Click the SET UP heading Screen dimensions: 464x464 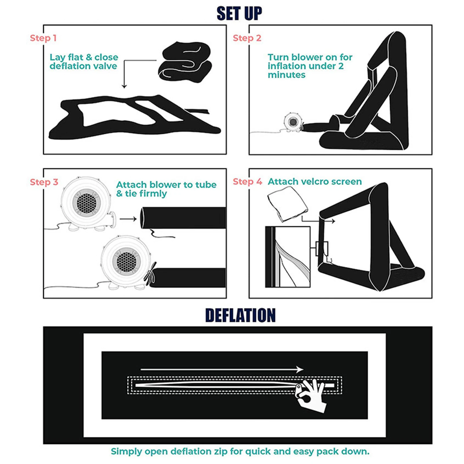(239, 13)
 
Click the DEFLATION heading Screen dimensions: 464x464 (240, 315)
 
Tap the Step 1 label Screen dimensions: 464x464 (43, 38)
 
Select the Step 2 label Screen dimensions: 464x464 (247, 38)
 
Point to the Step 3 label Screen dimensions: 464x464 (44, 182)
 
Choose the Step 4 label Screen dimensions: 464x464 (247, 182)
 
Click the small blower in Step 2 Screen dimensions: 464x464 (293, 122)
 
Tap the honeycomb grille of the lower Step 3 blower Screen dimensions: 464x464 (126, 260)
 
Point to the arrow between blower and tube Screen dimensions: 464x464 (128, 219)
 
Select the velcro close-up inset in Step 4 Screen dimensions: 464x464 (288, 257)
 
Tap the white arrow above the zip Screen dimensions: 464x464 (222, 369)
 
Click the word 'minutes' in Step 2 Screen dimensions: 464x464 (287, 75)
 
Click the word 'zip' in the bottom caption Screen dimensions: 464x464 (221, 452)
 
